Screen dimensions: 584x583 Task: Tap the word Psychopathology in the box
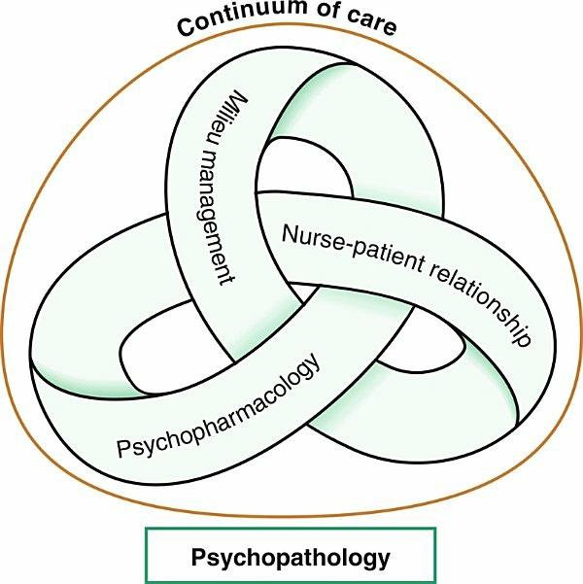(x=291, y=558)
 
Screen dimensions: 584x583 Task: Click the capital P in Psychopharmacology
(x=123, y=449)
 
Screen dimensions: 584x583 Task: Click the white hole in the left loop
(x=160, y=339)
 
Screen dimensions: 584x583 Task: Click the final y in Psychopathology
(x=383, y=561)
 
